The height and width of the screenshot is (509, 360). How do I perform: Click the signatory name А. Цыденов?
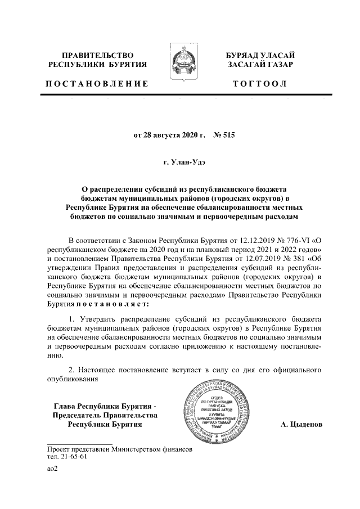coord(301,424)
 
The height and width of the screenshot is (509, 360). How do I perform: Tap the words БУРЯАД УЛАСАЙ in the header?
coord(260,55)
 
